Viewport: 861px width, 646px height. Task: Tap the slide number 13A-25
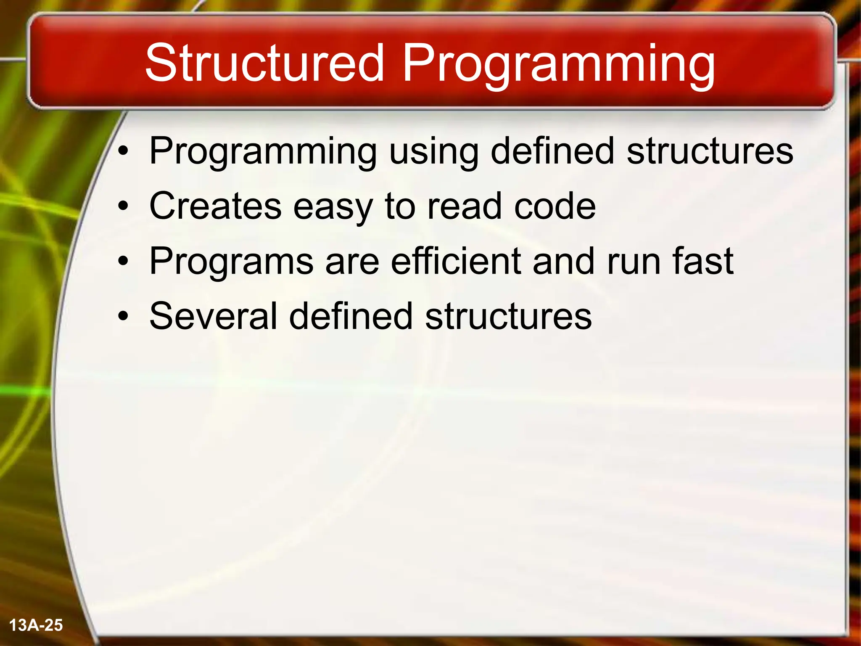pos(36,625)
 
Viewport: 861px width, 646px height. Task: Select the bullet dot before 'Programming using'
pos(123,151)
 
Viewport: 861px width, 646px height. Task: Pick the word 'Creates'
pos(215,206)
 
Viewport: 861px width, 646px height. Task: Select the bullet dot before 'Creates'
pos(123,207)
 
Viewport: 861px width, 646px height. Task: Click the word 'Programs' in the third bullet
pos(231,262)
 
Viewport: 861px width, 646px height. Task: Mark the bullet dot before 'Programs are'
pos(123,262)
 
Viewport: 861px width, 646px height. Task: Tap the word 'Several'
pos(213,316)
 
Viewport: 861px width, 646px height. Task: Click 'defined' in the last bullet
pos(351,316)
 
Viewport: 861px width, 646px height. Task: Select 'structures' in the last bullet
pos(508,316)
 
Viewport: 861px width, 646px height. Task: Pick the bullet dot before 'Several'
pos(123,317)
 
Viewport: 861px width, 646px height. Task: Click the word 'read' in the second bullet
pos(464,206)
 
